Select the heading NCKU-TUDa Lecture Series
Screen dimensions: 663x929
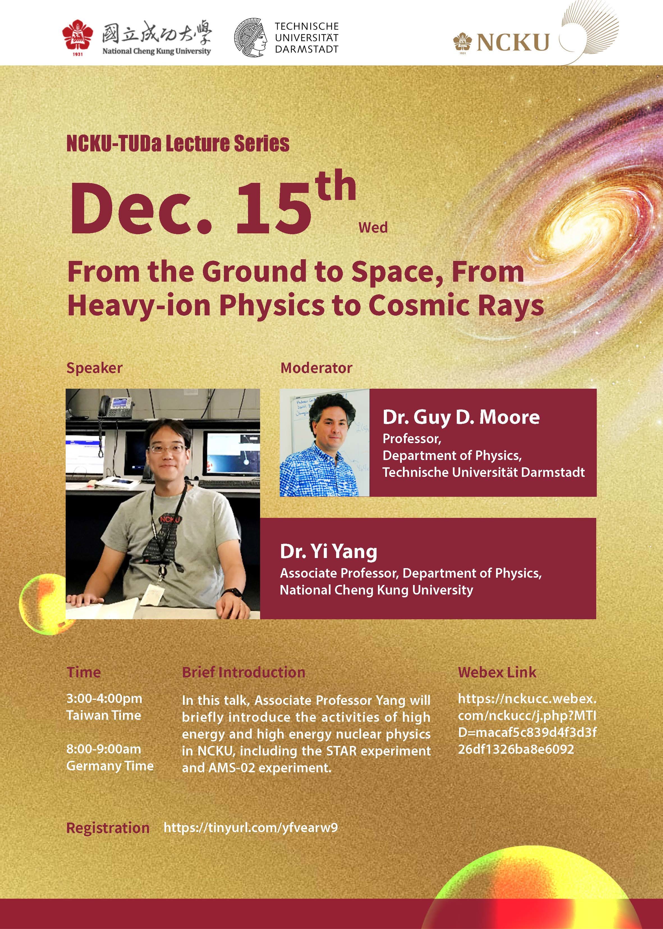178,144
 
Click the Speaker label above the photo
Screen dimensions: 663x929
94,368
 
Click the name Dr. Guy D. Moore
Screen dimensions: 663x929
461,417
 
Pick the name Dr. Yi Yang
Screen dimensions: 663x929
328,552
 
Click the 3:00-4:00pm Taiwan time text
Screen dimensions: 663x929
104,706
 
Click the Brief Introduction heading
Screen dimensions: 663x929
244,672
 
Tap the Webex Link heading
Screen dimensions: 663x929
497,672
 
